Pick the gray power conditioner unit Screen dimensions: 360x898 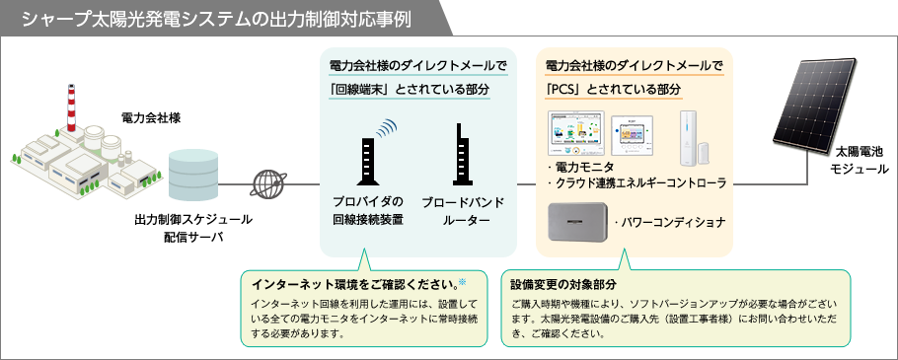click(x=579, y=223)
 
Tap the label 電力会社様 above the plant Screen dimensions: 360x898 click(x=150, y=118)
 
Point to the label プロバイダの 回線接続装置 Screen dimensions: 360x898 click(x=367, y=211)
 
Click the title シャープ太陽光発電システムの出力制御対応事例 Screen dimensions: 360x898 click(x=216, y=18)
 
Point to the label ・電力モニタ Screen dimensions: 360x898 click(x=582, y=167)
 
